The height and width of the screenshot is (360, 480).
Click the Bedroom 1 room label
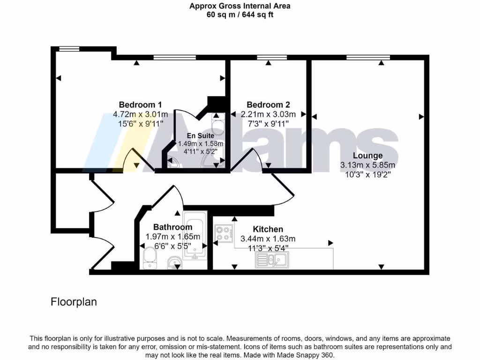pyautogui.click(x=140, y=105)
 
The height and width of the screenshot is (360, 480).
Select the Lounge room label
pyautogui.click(x=367, y=156)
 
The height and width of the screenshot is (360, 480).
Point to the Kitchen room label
pyautogui.click(x=268, y=229)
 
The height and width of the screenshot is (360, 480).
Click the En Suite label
pyautogui.click(x=201, y=135)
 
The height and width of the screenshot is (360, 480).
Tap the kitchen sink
pyautogui.click(x=272, y=259)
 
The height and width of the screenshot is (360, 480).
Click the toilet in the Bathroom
pyautogui.click(x=150, y=258)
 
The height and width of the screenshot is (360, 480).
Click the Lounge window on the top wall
pyautogui.click(x=368, y=58)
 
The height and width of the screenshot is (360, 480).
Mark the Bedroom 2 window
pyautogui.click(x=271, y=58)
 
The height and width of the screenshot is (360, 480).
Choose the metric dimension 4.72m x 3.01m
pyautogui.click(x=140, y=114)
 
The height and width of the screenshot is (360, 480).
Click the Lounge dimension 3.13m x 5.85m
pyautogui.click(x=367, y=165)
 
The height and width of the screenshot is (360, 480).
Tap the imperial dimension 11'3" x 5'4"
pyautogui.click(x=268, y=248)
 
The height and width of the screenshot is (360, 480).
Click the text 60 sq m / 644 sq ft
pyautogui.click(x=240, y=15)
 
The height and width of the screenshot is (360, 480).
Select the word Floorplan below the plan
pyautogui.click(x=74, y=302)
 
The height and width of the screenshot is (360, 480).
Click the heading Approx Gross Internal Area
pyautogui.click(x=240, y=6)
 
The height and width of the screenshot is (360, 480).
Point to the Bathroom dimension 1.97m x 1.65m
pyautogui.click(x=172, y=237)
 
